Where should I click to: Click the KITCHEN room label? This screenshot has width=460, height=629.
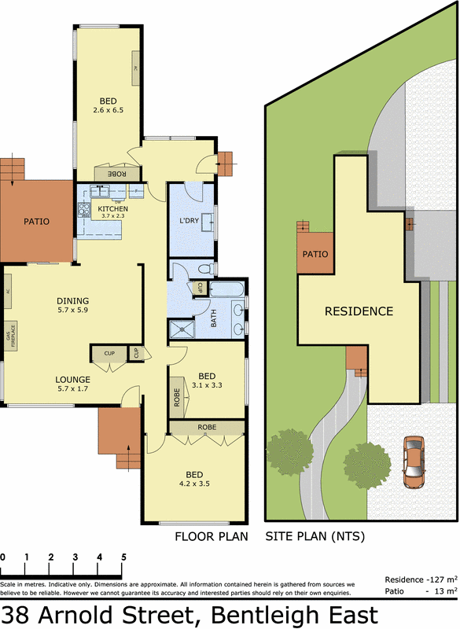coord(112,208)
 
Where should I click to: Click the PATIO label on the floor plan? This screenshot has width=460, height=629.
coord(35,222)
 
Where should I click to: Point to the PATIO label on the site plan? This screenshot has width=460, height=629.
coord(315,255)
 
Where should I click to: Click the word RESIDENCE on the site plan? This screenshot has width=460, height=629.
coord(359,311)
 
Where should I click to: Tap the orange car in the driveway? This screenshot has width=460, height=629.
coord(414,462)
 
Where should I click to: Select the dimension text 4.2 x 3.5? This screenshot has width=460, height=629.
coord(193,484)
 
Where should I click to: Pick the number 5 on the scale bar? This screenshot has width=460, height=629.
coord(123,557)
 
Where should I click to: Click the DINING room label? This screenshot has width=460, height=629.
coord(72,300)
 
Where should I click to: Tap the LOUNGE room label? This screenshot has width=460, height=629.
coord(72,379)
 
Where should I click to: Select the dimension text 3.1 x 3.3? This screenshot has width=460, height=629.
coord(208,385)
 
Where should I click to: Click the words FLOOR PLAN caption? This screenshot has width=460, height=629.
coord(211,537)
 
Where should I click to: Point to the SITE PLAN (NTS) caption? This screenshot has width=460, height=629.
coord(315,537)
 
